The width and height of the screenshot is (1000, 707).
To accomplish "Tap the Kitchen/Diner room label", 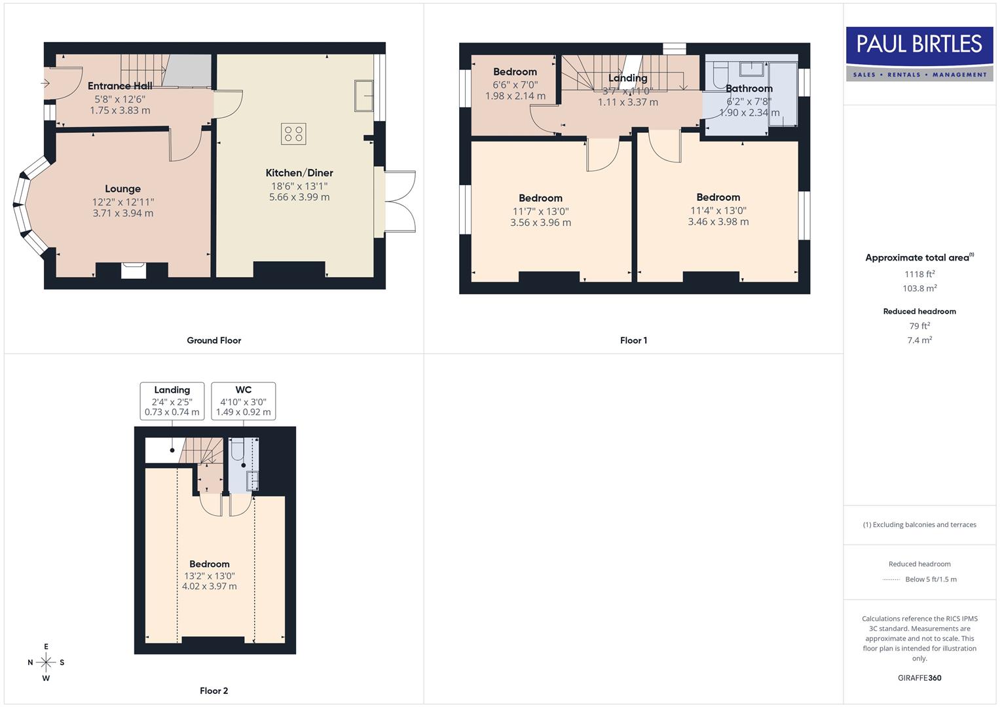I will [x=299, y=173].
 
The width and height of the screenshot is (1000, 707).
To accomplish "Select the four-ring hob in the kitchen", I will [x=293, y=134].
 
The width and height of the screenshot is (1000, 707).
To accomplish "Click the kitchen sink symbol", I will [x=363, y=96].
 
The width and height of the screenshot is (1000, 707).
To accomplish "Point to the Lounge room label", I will [x=122, y=189].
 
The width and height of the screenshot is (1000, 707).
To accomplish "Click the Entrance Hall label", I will [x=120, y=86].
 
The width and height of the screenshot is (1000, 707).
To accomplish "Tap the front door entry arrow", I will [x=46, y=83].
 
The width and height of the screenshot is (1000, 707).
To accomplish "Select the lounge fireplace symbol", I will [x=134, y=269].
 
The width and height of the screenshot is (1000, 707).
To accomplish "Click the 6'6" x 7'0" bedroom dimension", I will [x=515, y=84].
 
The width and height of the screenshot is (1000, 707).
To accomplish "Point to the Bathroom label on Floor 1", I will [x=749, y=88].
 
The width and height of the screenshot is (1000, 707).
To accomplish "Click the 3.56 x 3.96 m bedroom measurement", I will [x=540, y=223].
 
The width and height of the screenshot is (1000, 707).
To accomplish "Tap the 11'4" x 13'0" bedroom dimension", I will [x=718, y=211].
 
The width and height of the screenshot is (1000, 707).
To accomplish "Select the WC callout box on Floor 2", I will [x=243, y=401].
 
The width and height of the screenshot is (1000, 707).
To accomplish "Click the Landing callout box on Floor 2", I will [x=172, y=401].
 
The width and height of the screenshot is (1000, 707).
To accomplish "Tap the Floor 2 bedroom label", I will [x=209, y=564].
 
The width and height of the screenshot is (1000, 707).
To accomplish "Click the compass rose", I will [x=46, y=662].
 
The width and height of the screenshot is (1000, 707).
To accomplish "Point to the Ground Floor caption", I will [x=213, y=340].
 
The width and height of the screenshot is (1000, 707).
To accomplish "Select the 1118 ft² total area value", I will [x=919, y=274].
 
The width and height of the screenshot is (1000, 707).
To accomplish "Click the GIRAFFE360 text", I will [x=919, y=678].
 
